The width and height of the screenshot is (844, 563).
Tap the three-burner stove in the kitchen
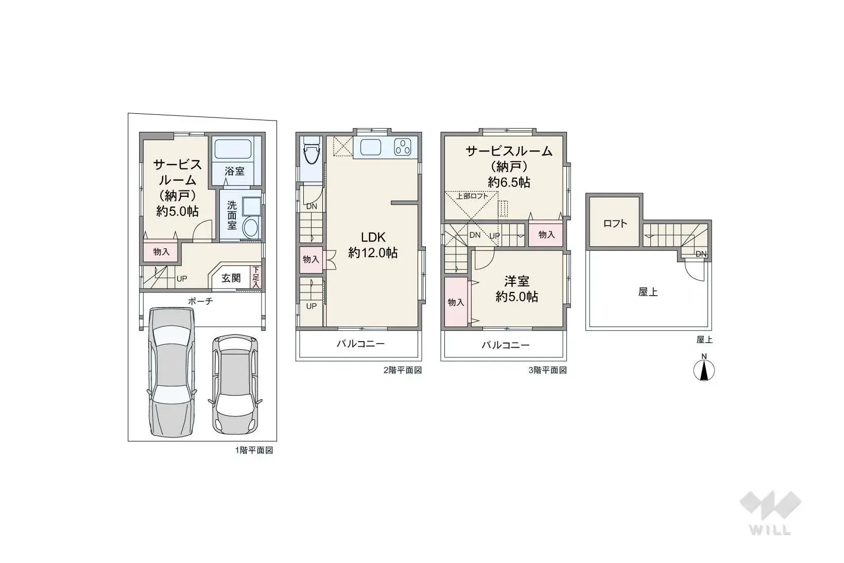[x=403, y=147]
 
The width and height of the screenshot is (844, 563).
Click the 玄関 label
[x=231, y=278]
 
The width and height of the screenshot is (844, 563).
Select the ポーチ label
[x=200, y=301]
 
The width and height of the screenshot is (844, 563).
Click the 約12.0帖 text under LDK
[x=373, y=253]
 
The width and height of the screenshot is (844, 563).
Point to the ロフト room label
[x=615, y=224]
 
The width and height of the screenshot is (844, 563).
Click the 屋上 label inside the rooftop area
[x=648, y=292]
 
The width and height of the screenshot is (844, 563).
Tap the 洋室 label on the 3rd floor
[x=516, y=281]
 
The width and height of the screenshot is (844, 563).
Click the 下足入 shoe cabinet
[x=256, y=277]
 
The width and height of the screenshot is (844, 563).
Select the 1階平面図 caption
[x=254, y=450]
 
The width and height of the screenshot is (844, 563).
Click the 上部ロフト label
[x=472, y=196]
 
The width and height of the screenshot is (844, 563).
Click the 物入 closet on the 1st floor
[x=161, y=252]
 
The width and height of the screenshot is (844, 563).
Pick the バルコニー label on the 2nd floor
[x=360, y=344]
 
